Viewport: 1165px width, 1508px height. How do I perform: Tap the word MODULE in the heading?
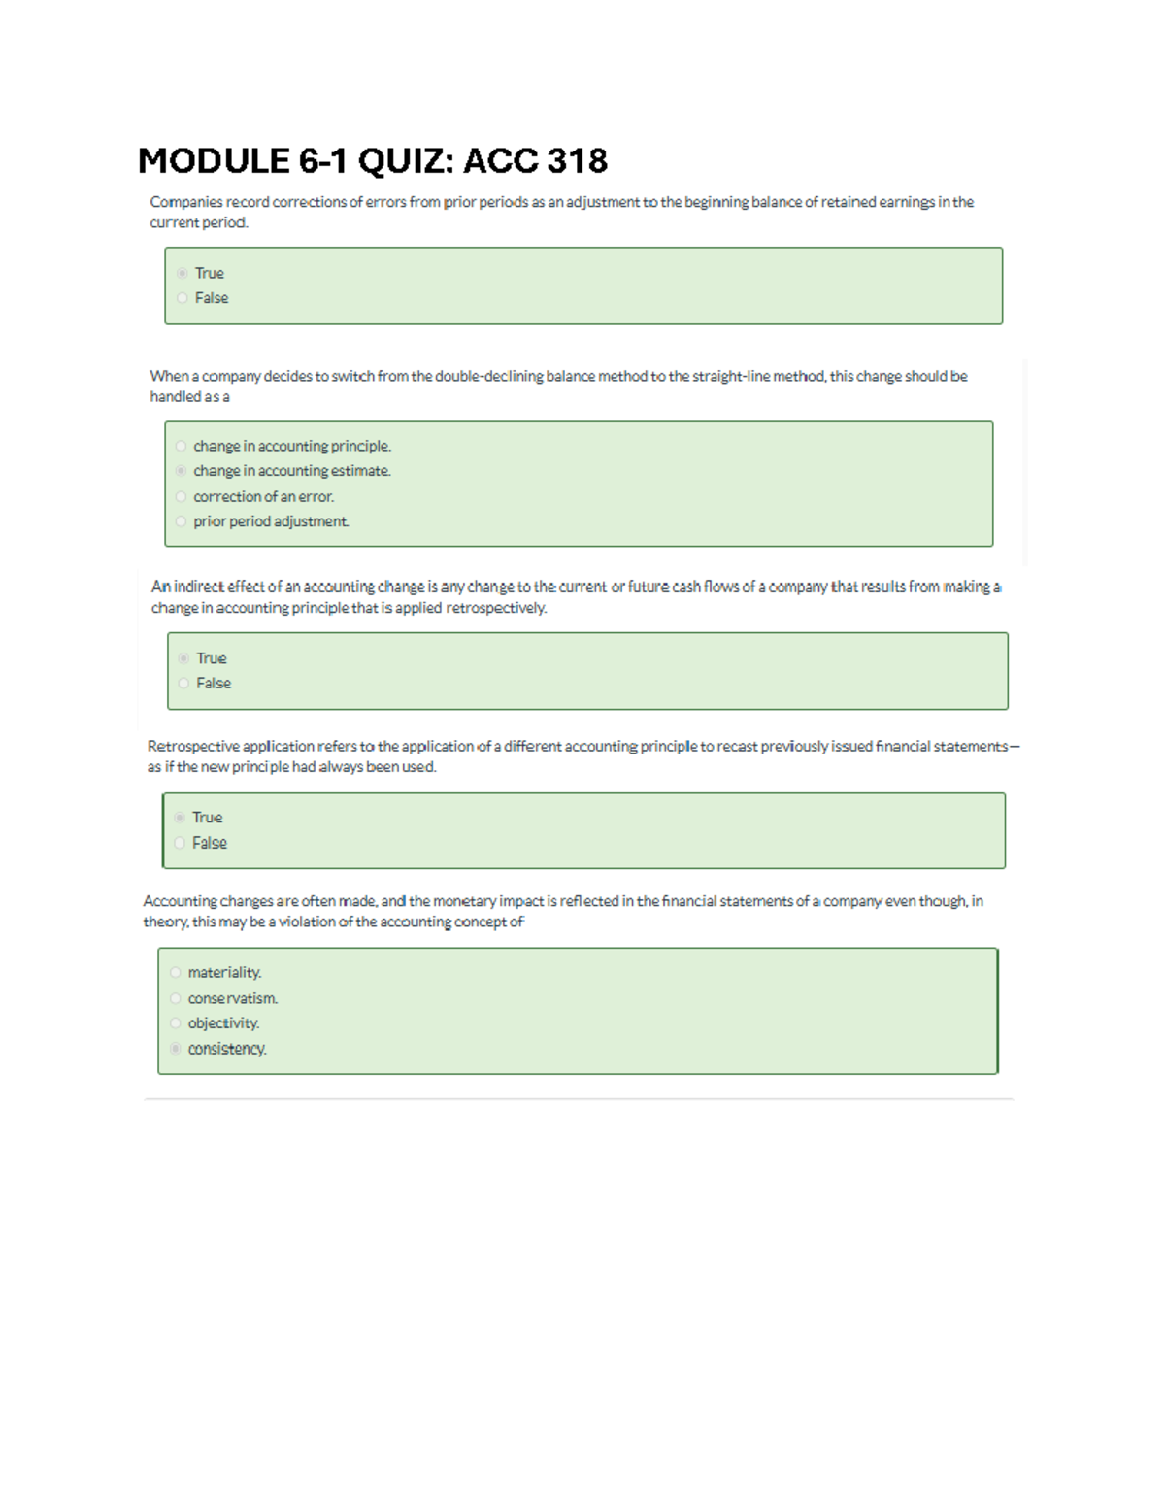coord(214,160)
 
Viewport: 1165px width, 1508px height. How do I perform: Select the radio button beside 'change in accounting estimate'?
coord(182,471)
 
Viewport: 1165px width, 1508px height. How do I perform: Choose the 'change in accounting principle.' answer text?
coord(291,446)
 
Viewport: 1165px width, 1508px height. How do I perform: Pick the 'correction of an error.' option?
coord(263,496)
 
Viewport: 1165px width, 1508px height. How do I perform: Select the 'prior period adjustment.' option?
coord(271,521)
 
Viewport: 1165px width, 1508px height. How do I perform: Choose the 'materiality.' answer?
coord(224,972)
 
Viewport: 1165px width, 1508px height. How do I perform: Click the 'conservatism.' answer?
coord(232,998)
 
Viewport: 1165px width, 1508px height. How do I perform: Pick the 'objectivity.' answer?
coord(223,1023)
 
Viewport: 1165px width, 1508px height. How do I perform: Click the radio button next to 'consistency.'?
coord(176,1049)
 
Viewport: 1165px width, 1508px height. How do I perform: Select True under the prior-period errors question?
coord(183,273)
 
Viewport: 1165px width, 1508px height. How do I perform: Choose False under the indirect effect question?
coord(184,684)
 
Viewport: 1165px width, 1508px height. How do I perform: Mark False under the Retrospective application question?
coord(181,843)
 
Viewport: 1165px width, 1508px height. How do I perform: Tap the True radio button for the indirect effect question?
coord(183,658)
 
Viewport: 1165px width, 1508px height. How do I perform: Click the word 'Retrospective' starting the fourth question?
coord(192,746)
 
